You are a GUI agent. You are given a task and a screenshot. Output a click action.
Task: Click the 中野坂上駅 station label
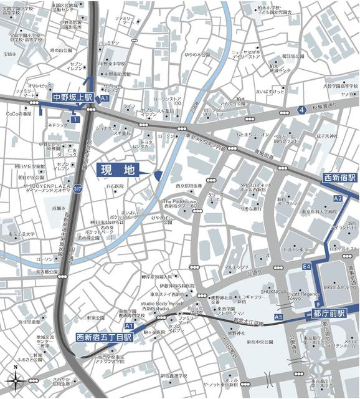[x=72, y=98]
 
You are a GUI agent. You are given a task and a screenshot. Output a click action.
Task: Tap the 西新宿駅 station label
[x=339, y=178]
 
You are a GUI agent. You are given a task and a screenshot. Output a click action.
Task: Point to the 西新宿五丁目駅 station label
[x=104, y=337]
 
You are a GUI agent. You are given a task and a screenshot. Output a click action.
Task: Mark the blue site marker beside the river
[x=158, y=176]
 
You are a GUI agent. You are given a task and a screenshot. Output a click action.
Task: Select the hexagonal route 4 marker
[x=301, y=110]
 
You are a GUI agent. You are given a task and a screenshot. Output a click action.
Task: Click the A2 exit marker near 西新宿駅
[x=338, y=198]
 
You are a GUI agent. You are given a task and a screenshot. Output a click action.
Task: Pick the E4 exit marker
[x=306, y=267]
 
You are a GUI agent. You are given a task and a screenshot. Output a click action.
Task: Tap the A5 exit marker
[x=278, y=317]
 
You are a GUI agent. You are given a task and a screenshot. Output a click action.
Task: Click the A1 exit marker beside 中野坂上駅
[x=105, y=99]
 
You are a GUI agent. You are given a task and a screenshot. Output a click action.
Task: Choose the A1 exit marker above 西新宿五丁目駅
[x=129, y=326]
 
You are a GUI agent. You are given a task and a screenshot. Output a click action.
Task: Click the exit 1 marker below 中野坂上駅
[x=75, y=119]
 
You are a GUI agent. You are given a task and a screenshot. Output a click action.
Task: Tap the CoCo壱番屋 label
[x=19, y=114]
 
